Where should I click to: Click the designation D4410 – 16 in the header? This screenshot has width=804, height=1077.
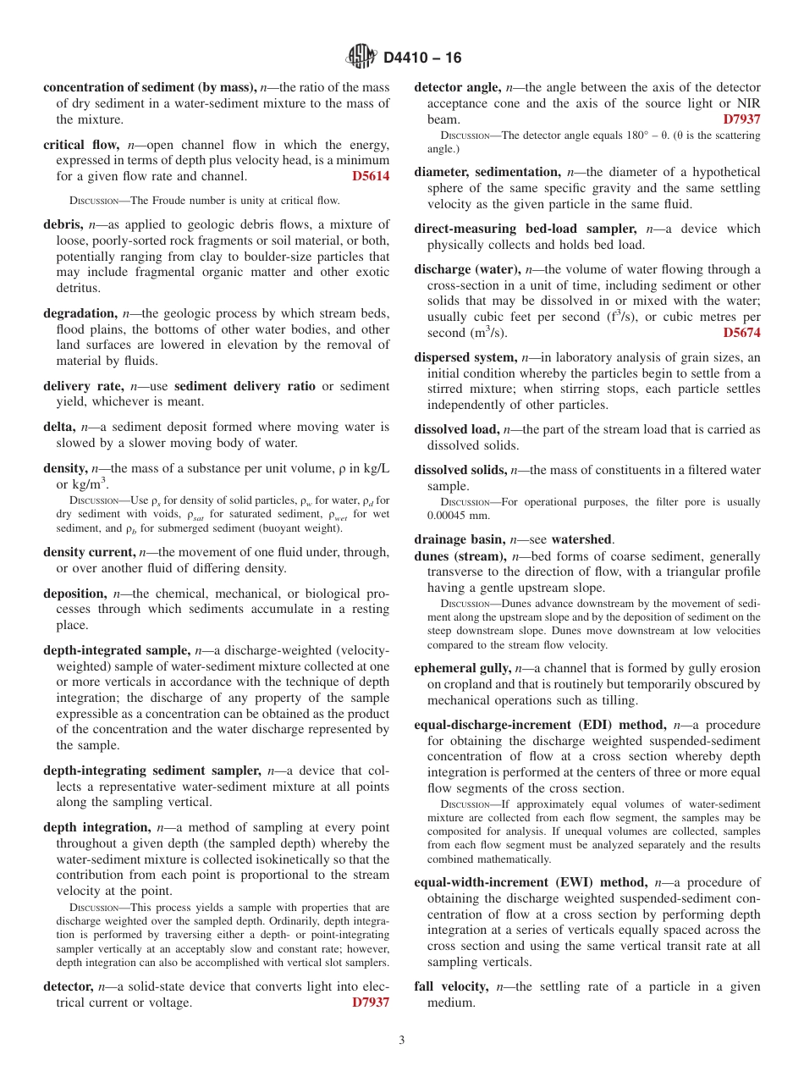click(422, 58)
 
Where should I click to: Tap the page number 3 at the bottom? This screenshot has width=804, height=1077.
click(402, 1040)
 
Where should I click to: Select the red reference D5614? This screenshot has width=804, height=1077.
click(370, 177)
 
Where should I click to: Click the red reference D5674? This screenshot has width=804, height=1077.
click(741, 333)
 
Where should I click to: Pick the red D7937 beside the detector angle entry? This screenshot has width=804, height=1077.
click(741, 119)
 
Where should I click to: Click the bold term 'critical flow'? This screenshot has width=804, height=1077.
click(82, 145)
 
